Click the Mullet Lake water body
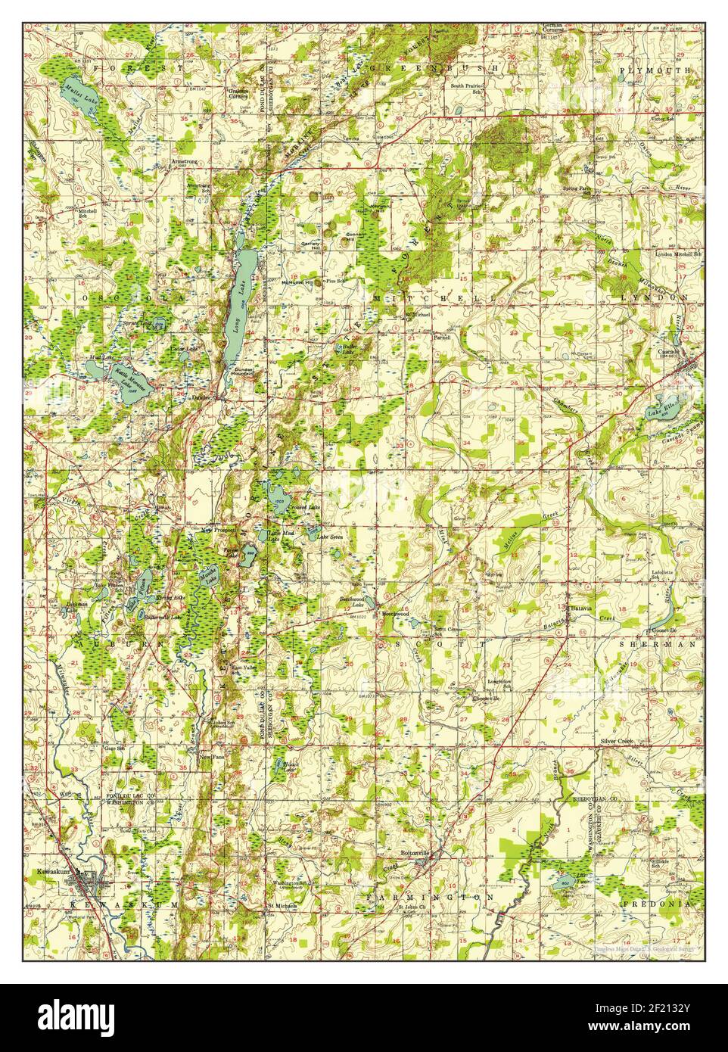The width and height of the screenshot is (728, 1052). coord(72,95)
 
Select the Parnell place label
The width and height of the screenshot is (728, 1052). coord(441,336)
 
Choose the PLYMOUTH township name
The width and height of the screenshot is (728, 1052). coord(655,69)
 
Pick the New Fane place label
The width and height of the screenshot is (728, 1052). coord(211,756)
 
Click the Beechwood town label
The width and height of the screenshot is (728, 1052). coord(395,614)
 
